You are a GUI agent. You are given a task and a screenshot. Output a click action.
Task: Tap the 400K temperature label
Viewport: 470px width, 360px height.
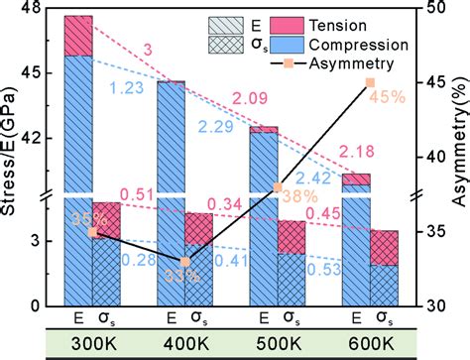coord(184,344)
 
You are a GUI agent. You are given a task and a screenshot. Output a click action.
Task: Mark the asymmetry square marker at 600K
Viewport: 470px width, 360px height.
coord(370,82)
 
